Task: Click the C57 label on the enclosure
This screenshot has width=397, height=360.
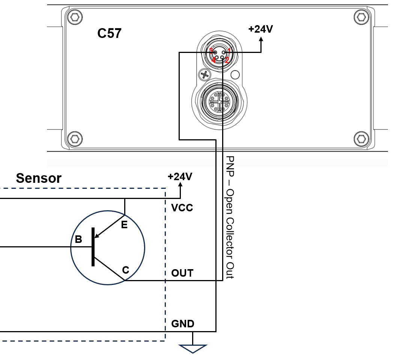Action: pos(109,33)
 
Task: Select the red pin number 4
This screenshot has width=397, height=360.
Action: pos(213,60)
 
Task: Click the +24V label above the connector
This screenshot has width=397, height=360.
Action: pos(261,29)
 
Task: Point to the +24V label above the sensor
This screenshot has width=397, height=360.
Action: pos(180,176)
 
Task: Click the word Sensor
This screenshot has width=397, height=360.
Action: pos(39,178)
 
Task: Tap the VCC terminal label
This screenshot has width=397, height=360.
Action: pos(182,208)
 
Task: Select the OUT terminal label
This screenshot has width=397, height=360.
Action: pos(182,273)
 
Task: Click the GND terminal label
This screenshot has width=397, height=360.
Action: pos(183,324)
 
